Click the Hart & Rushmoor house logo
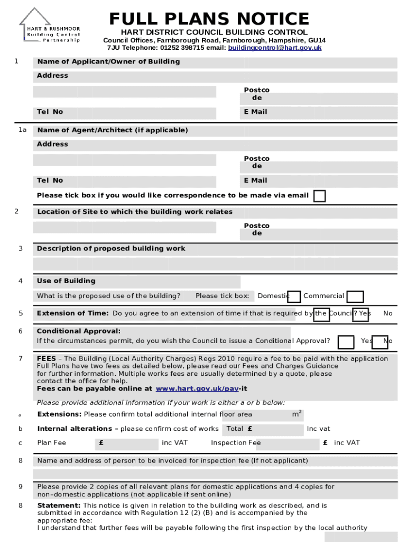(x=50, y=26)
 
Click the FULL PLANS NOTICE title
(x=209, y=19)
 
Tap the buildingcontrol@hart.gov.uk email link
(x=274, y=48)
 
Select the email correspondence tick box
(x=319, y=196)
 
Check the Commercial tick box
(x=355, y=296)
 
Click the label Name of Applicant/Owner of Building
(x=108, y=62)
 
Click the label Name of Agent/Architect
(x=112, y=130)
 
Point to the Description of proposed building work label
(x=111, y=249)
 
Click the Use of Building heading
(x=66, y=281)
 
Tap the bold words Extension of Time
(x=73, y=313)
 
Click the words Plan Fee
(x=51, y=442)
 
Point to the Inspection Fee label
(x=236, y=442)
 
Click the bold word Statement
(x=59, y=505)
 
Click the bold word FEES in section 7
(x=47, y=359)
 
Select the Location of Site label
(x=135, y=212)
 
